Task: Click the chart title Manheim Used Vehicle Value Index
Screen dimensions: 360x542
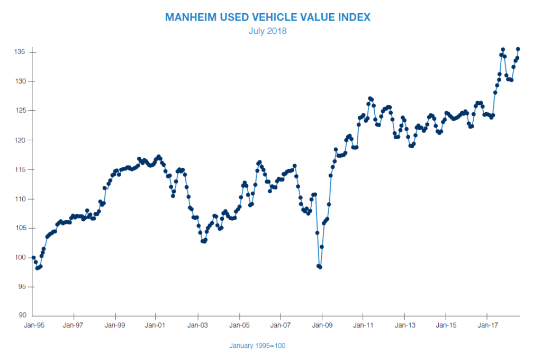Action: coord(268,17)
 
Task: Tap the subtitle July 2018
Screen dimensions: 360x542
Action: coord(268,31)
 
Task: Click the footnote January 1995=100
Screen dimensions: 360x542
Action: coord(258,346)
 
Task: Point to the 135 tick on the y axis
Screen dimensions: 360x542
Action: coord(20,52)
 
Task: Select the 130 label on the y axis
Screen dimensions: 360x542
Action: coord(20,81)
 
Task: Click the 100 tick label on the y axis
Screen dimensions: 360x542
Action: coord(20,257)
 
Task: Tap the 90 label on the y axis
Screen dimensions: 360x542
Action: coord(21,316)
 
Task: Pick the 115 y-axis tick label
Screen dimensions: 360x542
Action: coord(20,169)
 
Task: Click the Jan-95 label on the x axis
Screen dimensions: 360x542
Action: coord(33,325)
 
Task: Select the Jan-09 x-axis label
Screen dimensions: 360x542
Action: coord(322,325)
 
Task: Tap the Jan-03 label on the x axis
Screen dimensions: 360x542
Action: coord(198,325)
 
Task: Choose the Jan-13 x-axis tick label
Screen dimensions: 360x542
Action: coord(404,325)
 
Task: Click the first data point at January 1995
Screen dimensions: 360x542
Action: coord(34,257)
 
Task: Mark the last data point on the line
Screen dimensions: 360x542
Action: coord(518,49)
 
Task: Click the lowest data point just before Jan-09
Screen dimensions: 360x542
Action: coord(320,267)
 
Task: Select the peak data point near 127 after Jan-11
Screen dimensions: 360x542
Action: coord(370,98)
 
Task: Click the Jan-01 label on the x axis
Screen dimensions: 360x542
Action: coord(157,325)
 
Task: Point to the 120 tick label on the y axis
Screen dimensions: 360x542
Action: coord(20,140)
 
